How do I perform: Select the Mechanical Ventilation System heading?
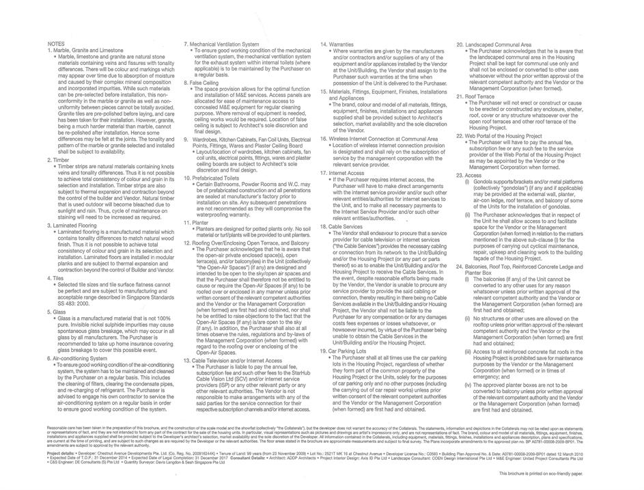[225, 44]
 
